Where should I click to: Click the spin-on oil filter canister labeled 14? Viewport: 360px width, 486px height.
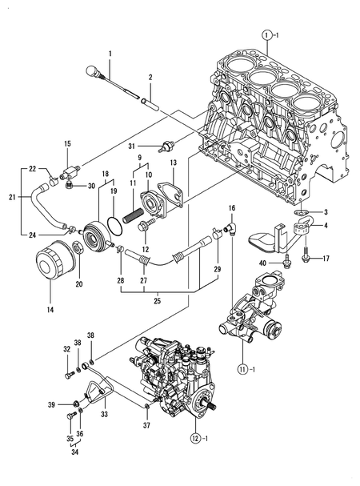54,263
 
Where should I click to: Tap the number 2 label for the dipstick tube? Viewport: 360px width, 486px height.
150,77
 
